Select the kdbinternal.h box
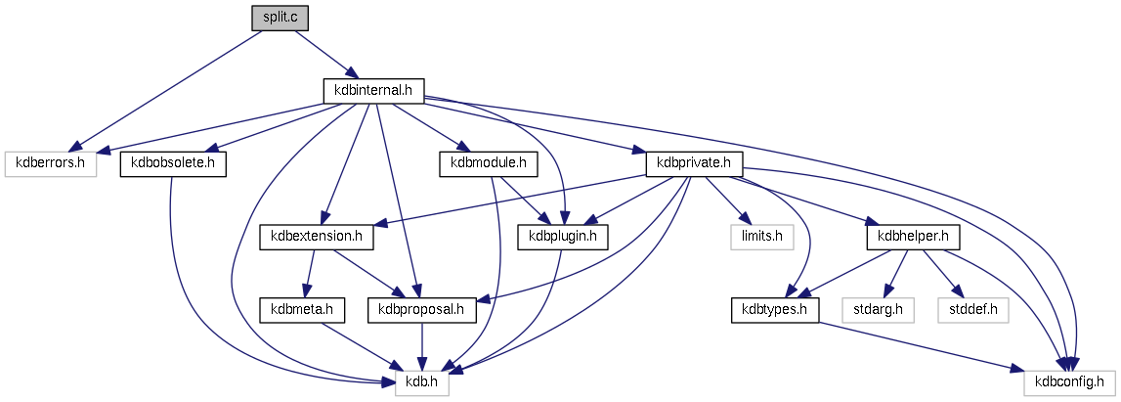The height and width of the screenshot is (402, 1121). (372, 90)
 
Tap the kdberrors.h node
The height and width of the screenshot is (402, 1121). (51, 163)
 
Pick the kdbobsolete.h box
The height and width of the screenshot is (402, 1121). (173, 163)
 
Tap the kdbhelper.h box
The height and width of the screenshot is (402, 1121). (913, 237)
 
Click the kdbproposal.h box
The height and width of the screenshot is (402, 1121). (421, 310)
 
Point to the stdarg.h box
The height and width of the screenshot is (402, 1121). (878, 310)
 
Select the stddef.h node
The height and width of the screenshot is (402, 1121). (971, 310)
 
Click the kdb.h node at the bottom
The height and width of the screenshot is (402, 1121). (421, 383)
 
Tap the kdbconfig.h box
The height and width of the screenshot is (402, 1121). (1069, 383)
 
